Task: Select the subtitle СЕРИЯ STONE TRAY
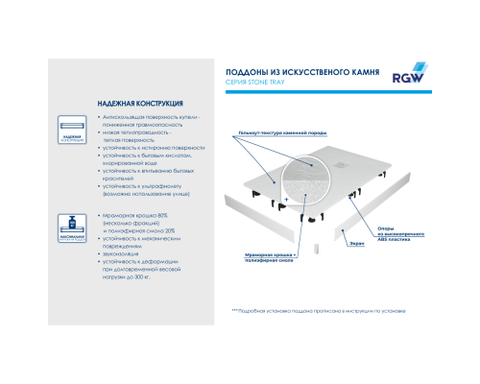point(264,84)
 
